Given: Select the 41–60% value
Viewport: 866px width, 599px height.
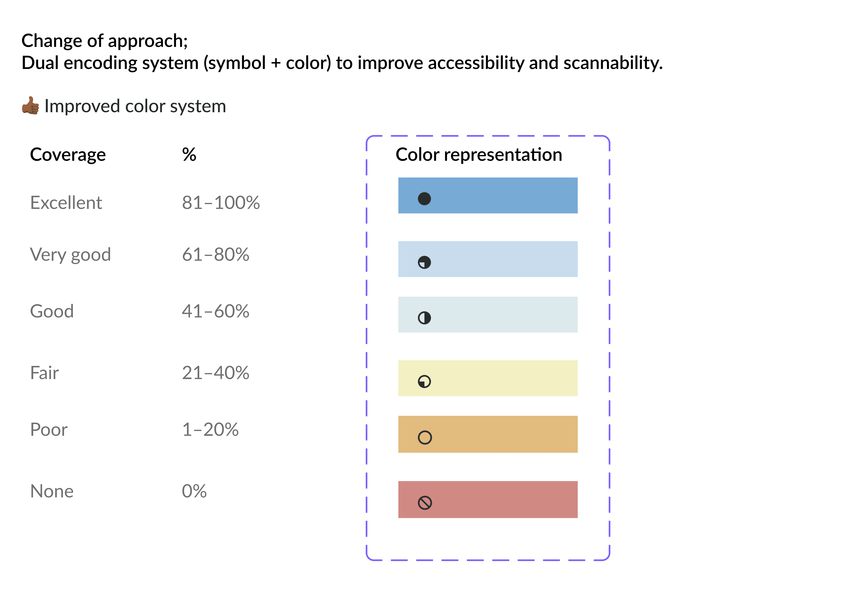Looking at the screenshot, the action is tap(216, 311).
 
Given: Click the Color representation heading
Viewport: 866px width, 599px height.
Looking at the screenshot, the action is tap(479, 155).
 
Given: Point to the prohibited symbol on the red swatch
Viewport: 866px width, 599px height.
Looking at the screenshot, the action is tap(425, 503).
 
